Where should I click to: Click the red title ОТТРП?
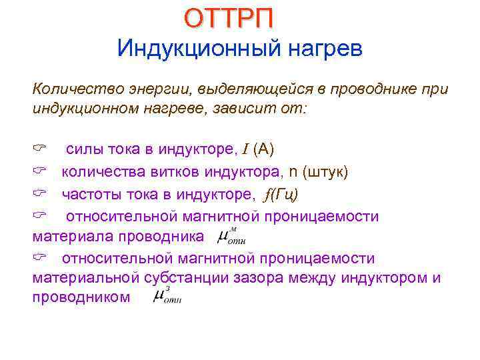point(229,18)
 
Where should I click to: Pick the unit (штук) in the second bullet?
point(325,173)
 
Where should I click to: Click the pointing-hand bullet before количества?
point(38,173)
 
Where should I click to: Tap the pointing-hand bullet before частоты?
point(38,194)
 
